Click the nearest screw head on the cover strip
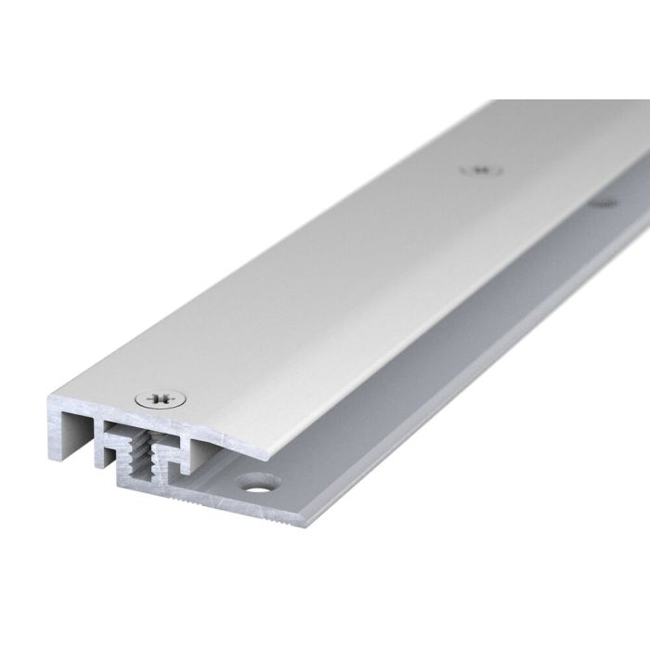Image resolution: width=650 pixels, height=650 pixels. [x=159, y=400]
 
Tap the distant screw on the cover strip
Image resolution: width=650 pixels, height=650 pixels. [x=481, y=170]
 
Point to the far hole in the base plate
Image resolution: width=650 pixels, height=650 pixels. [x=603, y=201]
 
